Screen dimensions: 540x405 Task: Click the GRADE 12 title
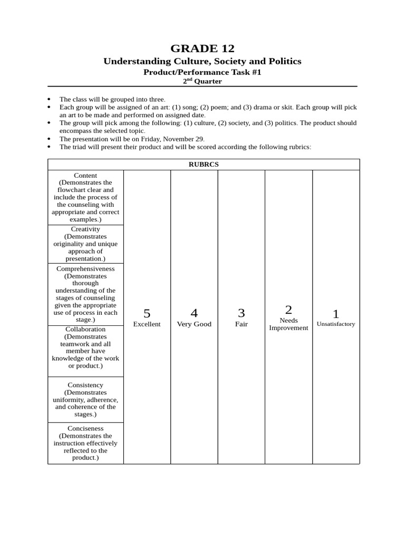click(202, 49)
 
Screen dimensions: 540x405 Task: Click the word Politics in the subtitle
click(283, 61)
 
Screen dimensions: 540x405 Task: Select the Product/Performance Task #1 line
click(202, 72)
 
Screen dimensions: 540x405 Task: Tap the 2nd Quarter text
click(202, 81)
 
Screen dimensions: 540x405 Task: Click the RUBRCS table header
click(204, 165)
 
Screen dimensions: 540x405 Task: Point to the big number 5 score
click(147, 313)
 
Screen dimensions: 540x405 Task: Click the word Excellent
click(147, 324)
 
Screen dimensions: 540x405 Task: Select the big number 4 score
click(194, 313)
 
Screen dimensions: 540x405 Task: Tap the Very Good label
click(194, 324)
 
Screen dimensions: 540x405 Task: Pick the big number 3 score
click(241, 313)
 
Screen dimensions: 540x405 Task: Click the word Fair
click(241, 324)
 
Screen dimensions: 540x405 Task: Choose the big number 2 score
click(288, 310)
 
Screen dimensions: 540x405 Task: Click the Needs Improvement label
click(288, 324)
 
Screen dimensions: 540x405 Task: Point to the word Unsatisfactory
click(335, 324)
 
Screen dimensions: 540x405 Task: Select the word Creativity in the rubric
click(85, 229)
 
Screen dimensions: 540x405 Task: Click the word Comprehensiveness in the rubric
click(85, 269)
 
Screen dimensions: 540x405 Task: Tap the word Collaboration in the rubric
click(85, 329)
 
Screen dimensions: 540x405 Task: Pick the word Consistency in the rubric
click(85, 385)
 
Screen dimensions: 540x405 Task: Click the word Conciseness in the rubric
click(85, 429)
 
